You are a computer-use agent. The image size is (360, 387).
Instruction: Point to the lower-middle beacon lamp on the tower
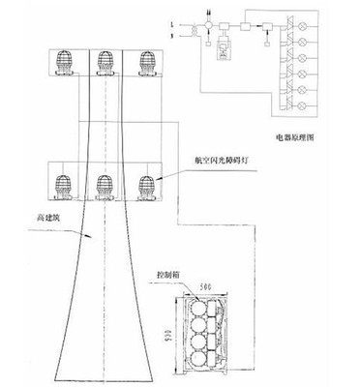coord(105,184)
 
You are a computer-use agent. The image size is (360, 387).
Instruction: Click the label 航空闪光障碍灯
coord(209,162)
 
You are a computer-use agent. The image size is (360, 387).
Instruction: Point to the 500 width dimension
coord(207,287)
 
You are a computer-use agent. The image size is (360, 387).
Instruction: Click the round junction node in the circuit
coord(212,22)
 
